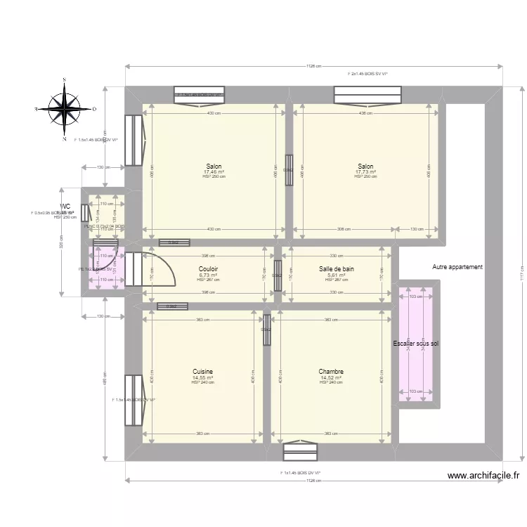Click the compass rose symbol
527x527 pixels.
point(64,110)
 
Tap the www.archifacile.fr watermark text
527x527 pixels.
point(484,476)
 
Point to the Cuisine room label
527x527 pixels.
point(203,372)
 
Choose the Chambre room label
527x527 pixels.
point(330,372)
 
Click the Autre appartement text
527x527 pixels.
point(457,267)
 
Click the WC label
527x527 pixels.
point(65,207)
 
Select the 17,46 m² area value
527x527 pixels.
point(214,172)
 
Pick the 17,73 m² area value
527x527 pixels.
point(365,172)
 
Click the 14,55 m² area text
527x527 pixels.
point(202,377)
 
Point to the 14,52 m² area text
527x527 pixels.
point(330,377)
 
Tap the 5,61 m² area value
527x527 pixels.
point(334,275)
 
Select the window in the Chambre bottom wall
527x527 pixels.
point(301,451)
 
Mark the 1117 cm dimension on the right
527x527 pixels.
point(521,268)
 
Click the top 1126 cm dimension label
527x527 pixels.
point(313,67)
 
